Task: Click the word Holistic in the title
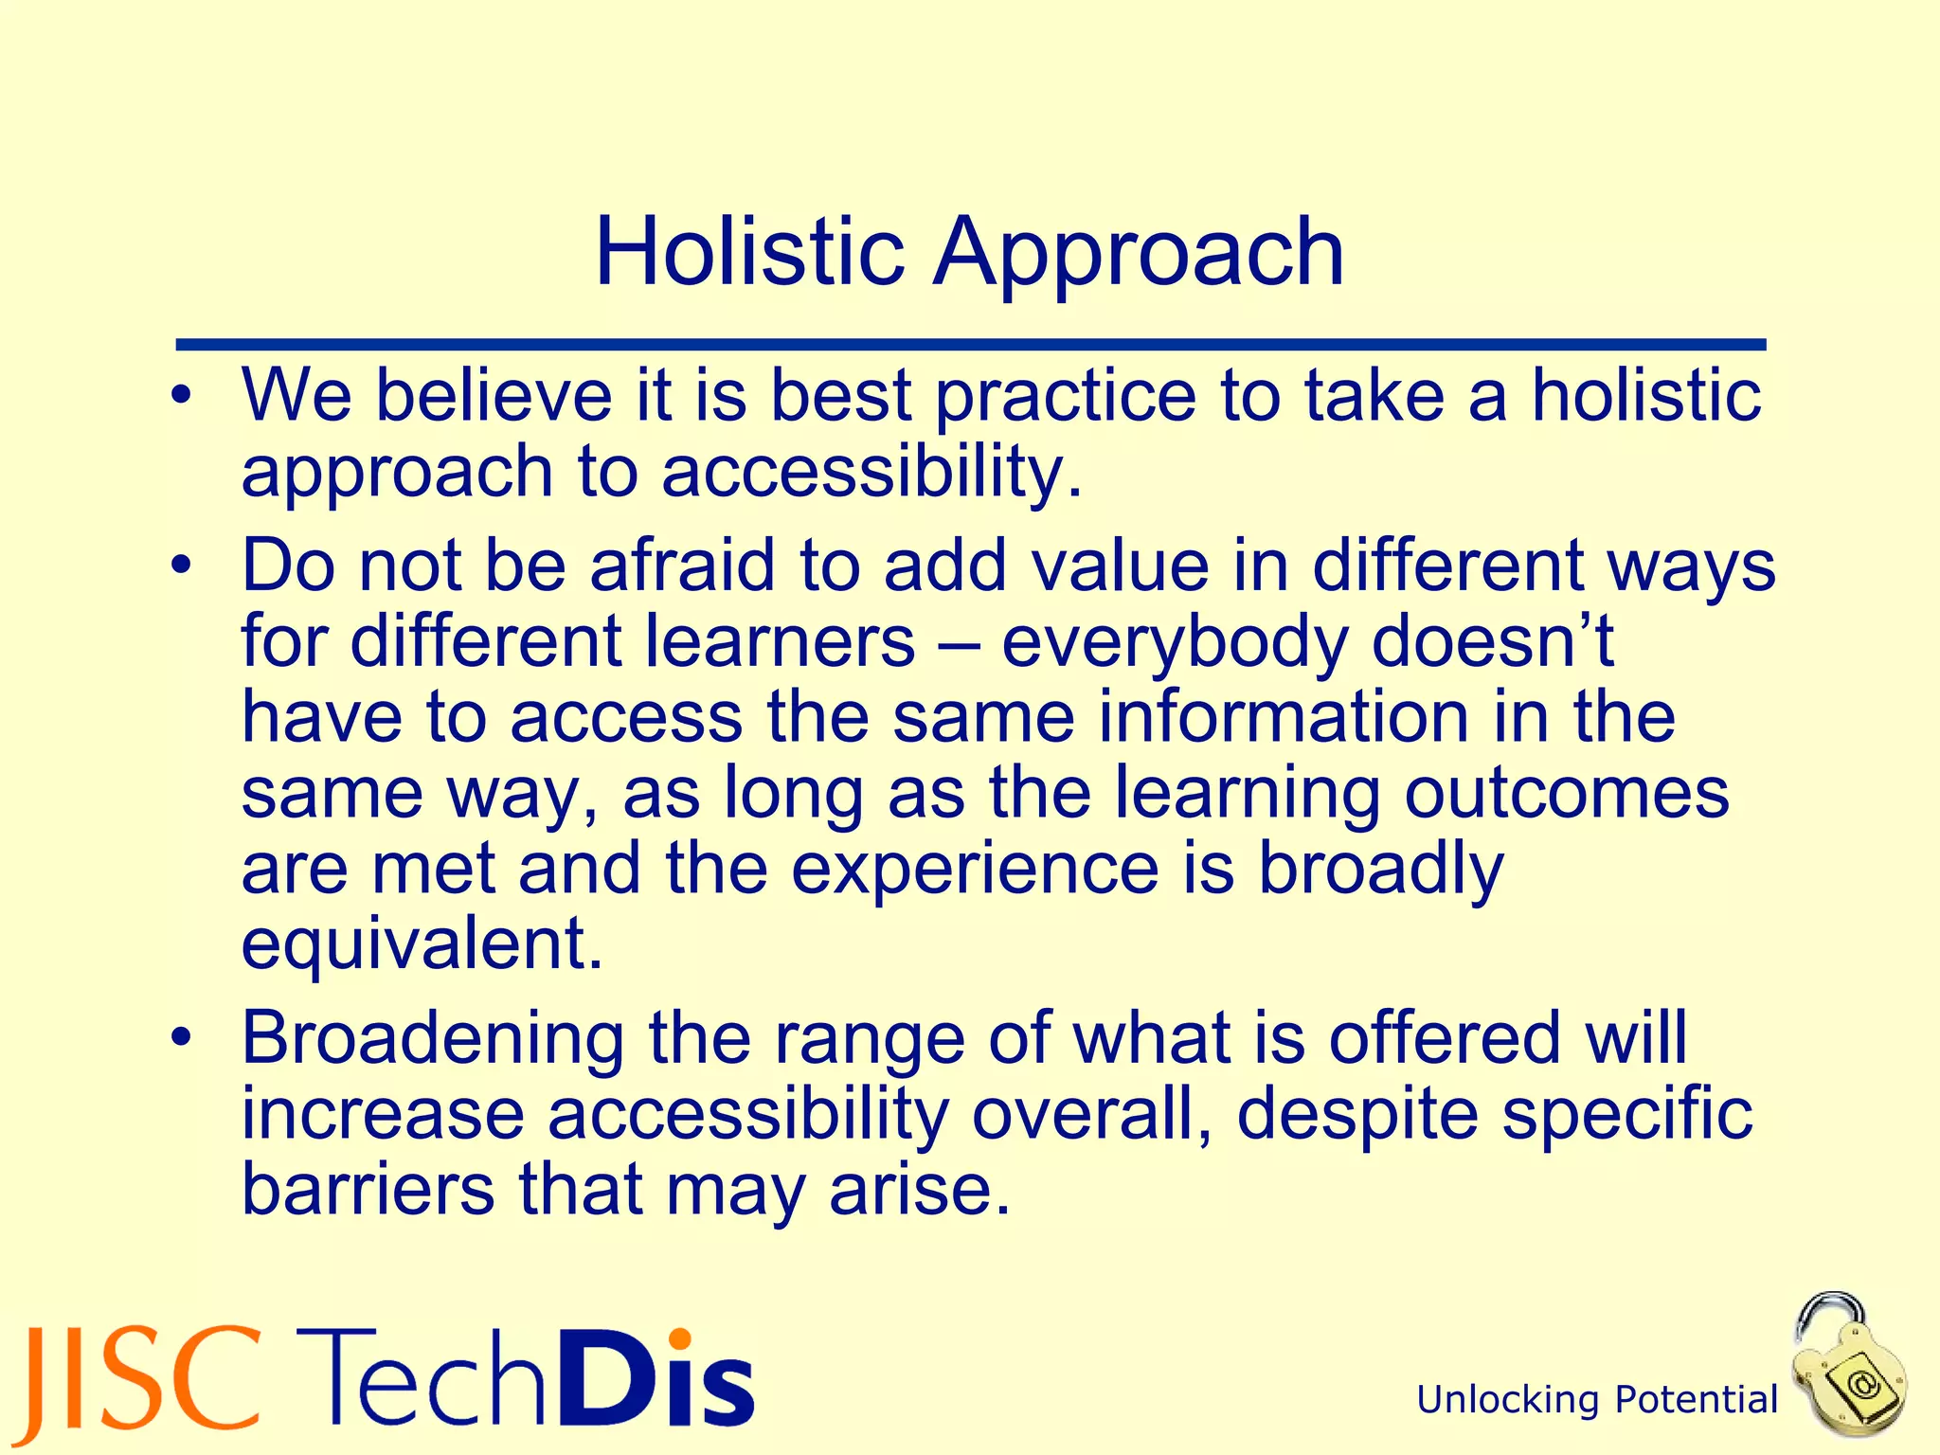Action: click(748, 252)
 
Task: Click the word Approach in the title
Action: click(1139, 254)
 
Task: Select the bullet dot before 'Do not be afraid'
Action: click(182, 566)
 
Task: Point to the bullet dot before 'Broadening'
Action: click(182, 1038)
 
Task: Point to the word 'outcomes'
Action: click(1567, 794)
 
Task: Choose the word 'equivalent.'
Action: click(422, 945)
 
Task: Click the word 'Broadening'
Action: click(433, 1038)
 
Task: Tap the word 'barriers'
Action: click(368, 1190)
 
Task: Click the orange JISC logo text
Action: click(142, 1385)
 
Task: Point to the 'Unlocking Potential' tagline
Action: click(1597, 1400)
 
